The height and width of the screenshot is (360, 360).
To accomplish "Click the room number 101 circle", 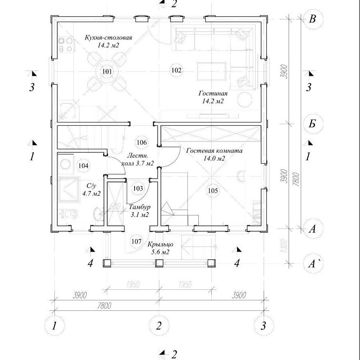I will tap(107, 72).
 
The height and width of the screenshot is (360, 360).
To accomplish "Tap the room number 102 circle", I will tap(176, 70).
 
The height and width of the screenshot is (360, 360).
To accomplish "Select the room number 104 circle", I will tap(83, 165).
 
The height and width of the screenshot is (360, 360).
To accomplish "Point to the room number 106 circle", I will tap(141, 142).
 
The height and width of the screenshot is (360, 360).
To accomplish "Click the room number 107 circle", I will tap(136, 241).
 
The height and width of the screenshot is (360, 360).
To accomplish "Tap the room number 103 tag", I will tap(137, 188).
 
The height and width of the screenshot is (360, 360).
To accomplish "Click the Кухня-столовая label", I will tap(108, 38).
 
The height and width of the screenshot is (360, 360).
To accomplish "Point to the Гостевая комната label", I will tap(214, 151).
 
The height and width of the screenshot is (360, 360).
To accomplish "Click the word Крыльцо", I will tap(160, 244).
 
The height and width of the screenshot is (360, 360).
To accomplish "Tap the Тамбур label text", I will tap(140, 207).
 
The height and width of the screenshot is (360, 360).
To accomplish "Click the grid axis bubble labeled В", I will tap(312, 19).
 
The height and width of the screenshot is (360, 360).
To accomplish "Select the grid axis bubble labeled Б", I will tap(312, 124).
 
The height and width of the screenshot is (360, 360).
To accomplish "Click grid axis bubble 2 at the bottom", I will tap(159, 325).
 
